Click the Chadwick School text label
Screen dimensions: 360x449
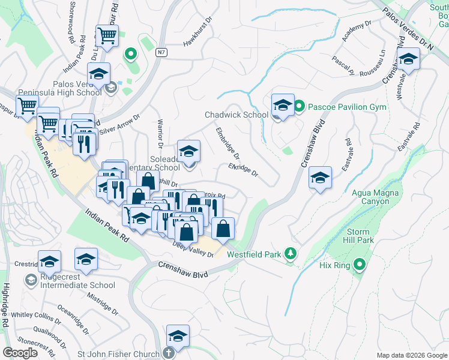(x=236, y=115)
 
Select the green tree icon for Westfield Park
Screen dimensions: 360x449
(x=291, y=254)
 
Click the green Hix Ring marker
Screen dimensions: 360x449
(x=360, y=264)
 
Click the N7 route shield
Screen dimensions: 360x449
(x=160, y=52)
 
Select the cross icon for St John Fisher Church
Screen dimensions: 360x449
(x=170, y=353)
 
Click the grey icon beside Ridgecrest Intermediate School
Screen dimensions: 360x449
(x=31, y=280)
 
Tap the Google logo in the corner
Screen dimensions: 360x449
(x=20, y=353)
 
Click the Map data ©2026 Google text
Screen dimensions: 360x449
(x=412, y=355)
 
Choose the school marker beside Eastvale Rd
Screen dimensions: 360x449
(x=321, y=178)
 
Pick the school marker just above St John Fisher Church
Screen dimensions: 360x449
(x=178, y=335)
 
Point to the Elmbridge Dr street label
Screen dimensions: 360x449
(x=228, y=142)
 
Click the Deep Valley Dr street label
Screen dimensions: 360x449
(x=193, y=249)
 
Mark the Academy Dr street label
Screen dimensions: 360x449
(x=354, y=34)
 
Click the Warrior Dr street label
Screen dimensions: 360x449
(x=160, y=133)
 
